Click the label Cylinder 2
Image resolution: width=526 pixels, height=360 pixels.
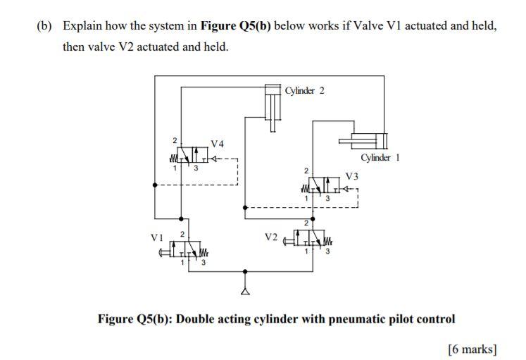tap(305, 90)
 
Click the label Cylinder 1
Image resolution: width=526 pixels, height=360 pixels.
tap(380, 157)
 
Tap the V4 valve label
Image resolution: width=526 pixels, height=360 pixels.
tap(218, 144)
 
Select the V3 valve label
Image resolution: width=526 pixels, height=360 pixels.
tap(352, 176)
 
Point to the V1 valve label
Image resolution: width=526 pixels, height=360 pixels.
tap(156, 237)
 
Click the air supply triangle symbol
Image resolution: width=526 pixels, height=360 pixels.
tap(244, 290)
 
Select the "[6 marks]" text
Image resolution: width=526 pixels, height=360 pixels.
tap(472, 349)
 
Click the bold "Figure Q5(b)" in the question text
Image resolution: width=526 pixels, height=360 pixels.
tap(236, 26)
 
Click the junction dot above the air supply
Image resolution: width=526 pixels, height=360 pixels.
tap(244, 271)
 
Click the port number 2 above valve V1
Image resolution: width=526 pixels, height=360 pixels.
tap(182, 233)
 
